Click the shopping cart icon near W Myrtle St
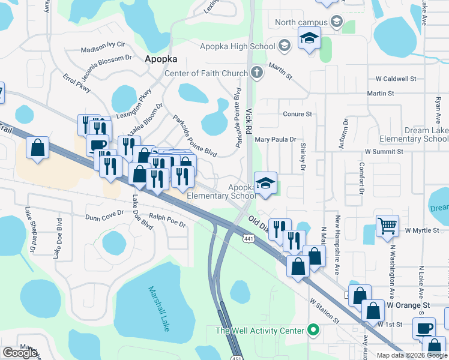coord(388,226)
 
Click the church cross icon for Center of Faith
coord(257,73)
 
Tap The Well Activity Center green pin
coord(312,330)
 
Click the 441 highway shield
coord(248,239)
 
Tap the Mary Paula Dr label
coord(276,139)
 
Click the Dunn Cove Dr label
coord(104,218)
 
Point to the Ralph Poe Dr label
coord(167,220)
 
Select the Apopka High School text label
coord(242,46)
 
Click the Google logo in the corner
coord(20,353)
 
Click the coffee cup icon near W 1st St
coord(424,328)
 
